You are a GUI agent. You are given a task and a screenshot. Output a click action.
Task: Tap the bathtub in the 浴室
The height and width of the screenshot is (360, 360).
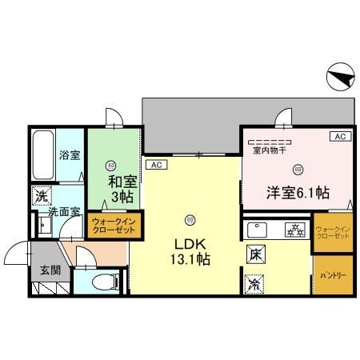42,156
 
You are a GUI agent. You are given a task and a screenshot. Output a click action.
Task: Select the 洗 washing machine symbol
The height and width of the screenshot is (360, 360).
41,195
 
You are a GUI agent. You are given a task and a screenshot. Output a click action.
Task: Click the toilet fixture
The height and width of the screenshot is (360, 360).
102,281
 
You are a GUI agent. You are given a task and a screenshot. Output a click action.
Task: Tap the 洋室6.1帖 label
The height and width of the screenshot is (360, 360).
298,192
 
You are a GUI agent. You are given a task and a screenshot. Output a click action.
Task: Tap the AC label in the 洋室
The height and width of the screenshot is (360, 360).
339,137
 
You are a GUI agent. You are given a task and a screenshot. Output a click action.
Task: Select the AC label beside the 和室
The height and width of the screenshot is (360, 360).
156,165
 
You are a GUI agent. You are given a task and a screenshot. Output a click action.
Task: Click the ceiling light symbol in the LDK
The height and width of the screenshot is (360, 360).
190,218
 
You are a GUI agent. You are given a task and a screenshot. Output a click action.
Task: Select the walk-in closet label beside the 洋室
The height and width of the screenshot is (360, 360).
332,231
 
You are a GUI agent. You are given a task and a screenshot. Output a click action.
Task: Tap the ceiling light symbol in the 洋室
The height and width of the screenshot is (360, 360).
298,168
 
